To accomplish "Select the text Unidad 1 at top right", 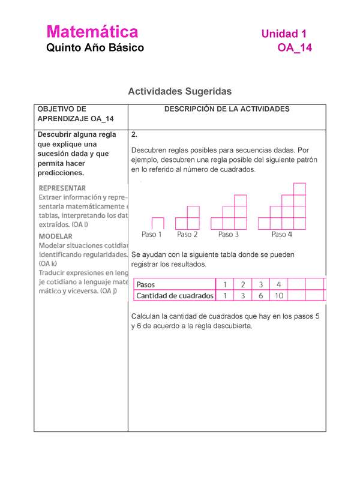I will coord(286,34).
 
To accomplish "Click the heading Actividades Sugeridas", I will coord(179,91).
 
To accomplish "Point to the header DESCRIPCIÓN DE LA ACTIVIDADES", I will coord(227,109).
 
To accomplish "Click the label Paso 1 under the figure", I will coord(152,235).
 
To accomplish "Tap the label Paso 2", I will coord(187,235).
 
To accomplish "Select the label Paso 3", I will coord(229,235).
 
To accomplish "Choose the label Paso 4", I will coord(281,235).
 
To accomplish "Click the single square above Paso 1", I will coord(158,223).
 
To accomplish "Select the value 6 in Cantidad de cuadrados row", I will coord(261,296).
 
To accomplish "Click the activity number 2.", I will coord(133,134).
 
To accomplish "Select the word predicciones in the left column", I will coord(61,173).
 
